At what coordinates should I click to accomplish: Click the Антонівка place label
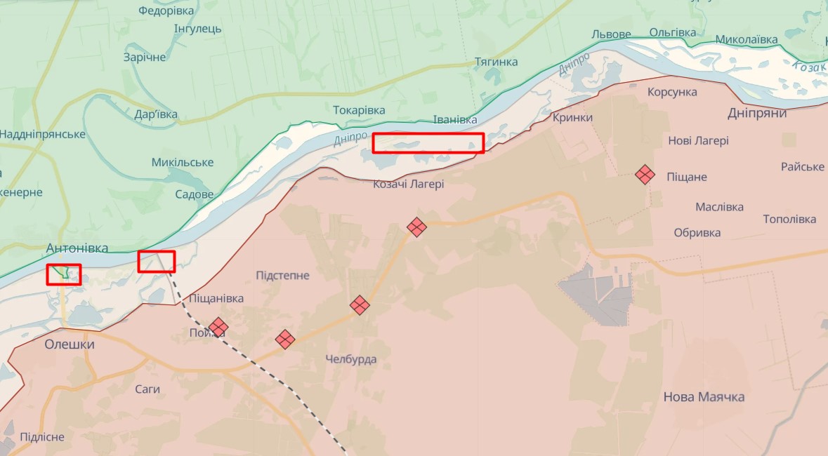[77, 248]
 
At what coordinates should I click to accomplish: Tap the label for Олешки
[70, 344]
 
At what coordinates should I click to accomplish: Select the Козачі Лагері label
[408, 184]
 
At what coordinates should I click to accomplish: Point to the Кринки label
[572, 117]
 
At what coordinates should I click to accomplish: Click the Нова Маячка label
[704, 397]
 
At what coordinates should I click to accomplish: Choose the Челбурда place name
[351, 359]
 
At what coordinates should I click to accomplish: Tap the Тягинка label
[496, 62]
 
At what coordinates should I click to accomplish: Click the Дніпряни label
[757, 113]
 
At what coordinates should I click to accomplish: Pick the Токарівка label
[359, 110]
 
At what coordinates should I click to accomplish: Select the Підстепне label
[282, 275]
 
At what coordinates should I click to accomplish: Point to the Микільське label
[183, 162]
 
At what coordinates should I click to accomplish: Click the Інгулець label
[197, 29]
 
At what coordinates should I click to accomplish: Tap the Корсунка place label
[672, 92]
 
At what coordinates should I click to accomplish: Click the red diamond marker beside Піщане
[645, 174]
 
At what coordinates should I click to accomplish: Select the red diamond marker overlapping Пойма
[218, 327]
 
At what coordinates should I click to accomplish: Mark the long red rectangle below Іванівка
[428, 143]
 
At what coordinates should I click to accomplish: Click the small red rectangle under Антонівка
[64, 274]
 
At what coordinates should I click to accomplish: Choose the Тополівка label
[789, 220]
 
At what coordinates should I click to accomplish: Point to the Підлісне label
[42, 437]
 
